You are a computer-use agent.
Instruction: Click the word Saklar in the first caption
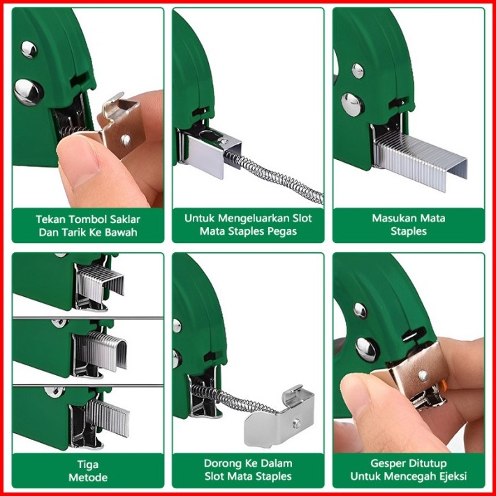(125, 219)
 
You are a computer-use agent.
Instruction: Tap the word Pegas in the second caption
(282, 231)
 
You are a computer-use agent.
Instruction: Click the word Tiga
(88, 465)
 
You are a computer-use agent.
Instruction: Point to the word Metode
(88, 477)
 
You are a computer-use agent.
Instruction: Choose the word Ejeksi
(451, 476)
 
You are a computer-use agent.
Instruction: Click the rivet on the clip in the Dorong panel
(296, 423)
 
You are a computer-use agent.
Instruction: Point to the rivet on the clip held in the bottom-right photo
(423, 376)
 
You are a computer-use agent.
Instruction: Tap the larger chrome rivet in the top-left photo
(29, 92)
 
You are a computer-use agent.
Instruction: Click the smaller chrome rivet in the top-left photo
(29, 50)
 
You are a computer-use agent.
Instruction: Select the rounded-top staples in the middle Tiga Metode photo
(102, 351)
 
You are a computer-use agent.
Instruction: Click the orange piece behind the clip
(444, 386)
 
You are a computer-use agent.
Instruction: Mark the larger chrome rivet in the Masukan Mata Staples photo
(353, 104)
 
